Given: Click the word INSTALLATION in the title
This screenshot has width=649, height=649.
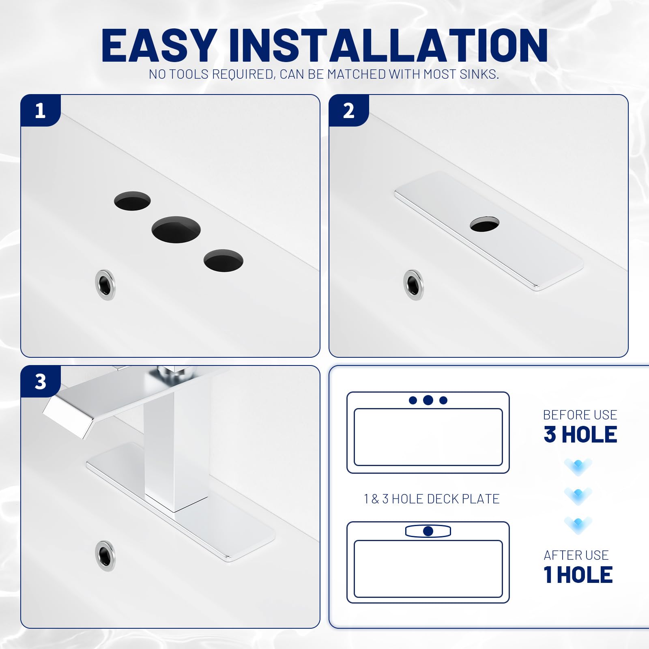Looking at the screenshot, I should click(388, 45).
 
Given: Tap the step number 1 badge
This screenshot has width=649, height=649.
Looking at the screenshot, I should click(40, 111).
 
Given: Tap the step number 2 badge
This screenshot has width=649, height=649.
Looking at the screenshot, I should click(348, 111).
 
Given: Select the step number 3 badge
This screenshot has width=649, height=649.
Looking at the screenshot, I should click(40, 382).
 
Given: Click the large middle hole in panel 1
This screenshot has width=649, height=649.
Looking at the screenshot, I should click(176, 230).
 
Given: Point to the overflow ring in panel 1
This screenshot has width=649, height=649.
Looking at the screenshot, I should click(105, 285).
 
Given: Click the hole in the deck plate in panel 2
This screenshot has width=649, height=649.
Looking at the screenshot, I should click(484, 224).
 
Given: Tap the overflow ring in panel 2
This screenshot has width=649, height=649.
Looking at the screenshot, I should click(413, 285).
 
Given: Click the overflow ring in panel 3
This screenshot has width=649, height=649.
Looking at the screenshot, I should click(105, 556).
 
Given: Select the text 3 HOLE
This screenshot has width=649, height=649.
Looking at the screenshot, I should click(580, 434).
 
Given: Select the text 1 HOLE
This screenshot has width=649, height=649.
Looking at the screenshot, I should click(578, 575).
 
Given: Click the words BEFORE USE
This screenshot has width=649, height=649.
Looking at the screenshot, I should click(580, 415).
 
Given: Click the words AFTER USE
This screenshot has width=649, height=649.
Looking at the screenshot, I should click(576, 555).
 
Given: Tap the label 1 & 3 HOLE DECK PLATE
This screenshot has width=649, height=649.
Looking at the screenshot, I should click(432, 499).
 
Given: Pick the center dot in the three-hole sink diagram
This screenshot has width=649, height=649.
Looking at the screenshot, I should click(428, 400).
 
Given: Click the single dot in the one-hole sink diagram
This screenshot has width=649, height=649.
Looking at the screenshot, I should click(428, 531).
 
